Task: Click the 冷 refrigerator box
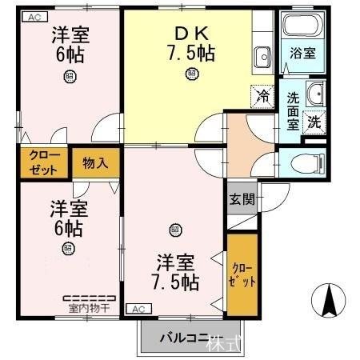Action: click(x=262, y=94)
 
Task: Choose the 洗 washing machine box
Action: click(x=315, y=122)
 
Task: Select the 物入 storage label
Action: click(x=96, y=162)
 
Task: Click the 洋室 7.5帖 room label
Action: click(x=176, y=271)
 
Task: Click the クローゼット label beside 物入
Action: click(x=38, y=162)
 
